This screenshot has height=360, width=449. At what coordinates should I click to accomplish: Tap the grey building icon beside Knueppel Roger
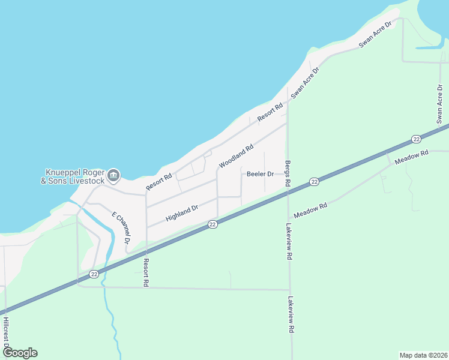pyautogui.click(x=114, y=176)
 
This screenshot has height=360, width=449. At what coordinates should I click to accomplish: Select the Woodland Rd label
pyautogui.click(x=237, y=155)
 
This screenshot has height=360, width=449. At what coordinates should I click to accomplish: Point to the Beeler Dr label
pyautogui.click(x=260, y=174)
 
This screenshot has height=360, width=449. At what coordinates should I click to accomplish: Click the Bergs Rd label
pyautogui.click(x=288, y=173)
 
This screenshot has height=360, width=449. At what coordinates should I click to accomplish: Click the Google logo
pyautogui.click(x=20, y=353)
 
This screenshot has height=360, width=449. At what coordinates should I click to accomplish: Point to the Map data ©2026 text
pyautogui.click(x=423, y=355)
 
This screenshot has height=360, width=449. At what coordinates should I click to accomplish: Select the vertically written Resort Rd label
pyautogui.click(x=145, y=272)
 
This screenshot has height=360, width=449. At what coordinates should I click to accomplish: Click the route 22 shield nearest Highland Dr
pyautogui.click(x=212, y=224)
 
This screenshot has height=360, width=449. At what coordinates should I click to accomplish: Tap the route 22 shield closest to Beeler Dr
pyautogui.click(x=314, y=181)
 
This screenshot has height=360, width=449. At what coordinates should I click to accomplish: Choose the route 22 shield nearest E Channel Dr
pyautogui.click(x=94, y=274)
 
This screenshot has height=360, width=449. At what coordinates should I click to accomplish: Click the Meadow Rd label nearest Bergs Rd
pyautogui.click(x=310, y=210)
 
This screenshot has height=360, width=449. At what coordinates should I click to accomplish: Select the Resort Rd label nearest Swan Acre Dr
pyautogui.click(x=270, y=113)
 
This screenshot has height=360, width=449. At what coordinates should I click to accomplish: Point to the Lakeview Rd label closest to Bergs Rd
pyautogui.click(x=289, y=241)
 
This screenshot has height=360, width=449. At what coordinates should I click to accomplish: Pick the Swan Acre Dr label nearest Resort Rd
pyautogui.click(x=305, y=82)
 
